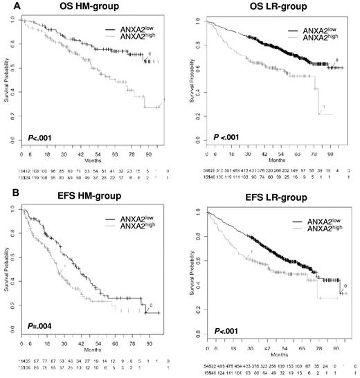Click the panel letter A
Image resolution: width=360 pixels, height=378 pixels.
(x=6, y=8)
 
